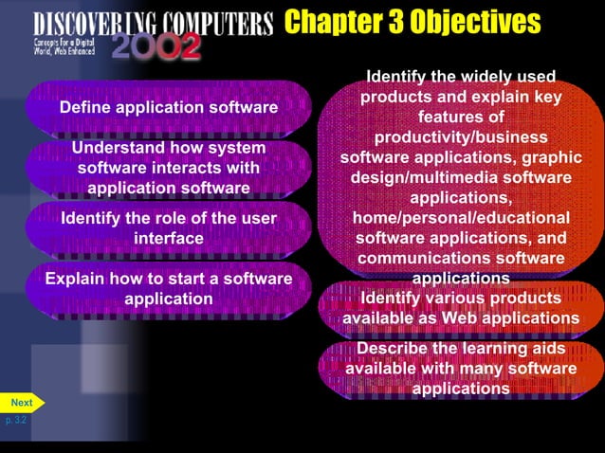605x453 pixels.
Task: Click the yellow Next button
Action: [21, 402]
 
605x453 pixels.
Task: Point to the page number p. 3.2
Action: [16, 420]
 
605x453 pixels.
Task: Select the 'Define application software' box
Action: [169, 107]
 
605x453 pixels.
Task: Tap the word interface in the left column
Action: [169, 238]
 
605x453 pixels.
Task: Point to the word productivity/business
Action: [461, 137]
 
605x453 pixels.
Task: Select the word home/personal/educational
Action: [461, 218]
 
